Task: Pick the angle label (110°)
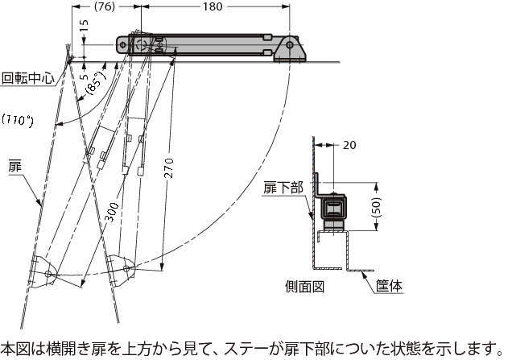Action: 18,121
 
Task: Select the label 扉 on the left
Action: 14,165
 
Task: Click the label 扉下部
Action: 283,188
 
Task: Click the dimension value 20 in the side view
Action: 348,145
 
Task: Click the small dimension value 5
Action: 83,69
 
